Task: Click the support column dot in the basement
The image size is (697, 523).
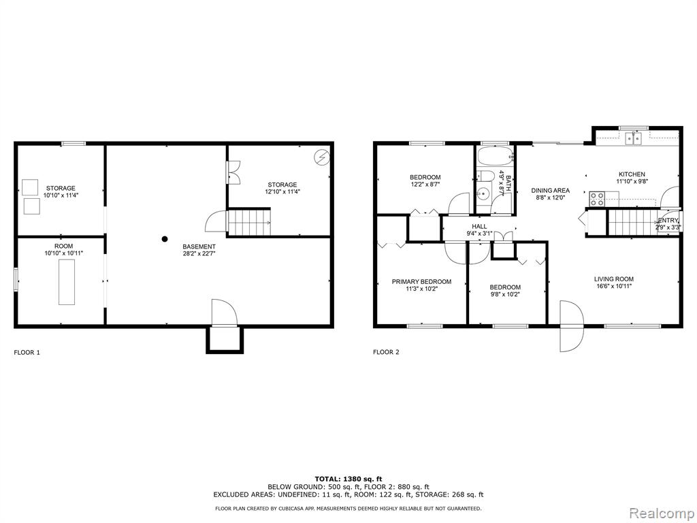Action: (165, 239)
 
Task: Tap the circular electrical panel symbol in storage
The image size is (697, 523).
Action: (321, 157)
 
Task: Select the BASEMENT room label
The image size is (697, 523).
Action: (199, 247)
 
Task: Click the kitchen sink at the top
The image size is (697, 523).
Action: (634, 138)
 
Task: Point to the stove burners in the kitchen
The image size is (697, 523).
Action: (597, 198)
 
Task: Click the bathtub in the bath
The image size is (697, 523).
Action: (495, 156)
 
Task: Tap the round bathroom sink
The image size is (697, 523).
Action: (483, 195)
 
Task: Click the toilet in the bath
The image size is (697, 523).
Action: (484, 176)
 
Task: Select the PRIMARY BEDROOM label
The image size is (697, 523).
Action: (421, 281)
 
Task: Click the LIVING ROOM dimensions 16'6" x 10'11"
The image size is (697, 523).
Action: (614, 287)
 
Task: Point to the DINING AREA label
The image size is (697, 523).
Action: (550, 191)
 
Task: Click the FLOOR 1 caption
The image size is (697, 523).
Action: (27, 353)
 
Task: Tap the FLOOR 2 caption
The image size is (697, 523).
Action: (386, 352)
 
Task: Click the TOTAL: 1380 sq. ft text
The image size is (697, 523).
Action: (348, 479)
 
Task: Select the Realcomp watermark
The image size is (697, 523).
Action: (662, 513)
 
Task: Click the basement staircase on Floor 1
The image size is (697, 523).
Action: (249, 223)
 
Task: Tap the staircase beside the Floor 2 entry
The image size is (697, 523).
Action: (632, 223)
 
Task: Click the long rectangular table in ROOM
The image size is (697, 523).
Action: (67, 282)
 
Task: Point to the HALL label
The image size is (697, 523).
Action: (479, 226)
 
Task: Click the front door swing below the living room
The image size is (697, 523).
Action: (571, 326)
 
